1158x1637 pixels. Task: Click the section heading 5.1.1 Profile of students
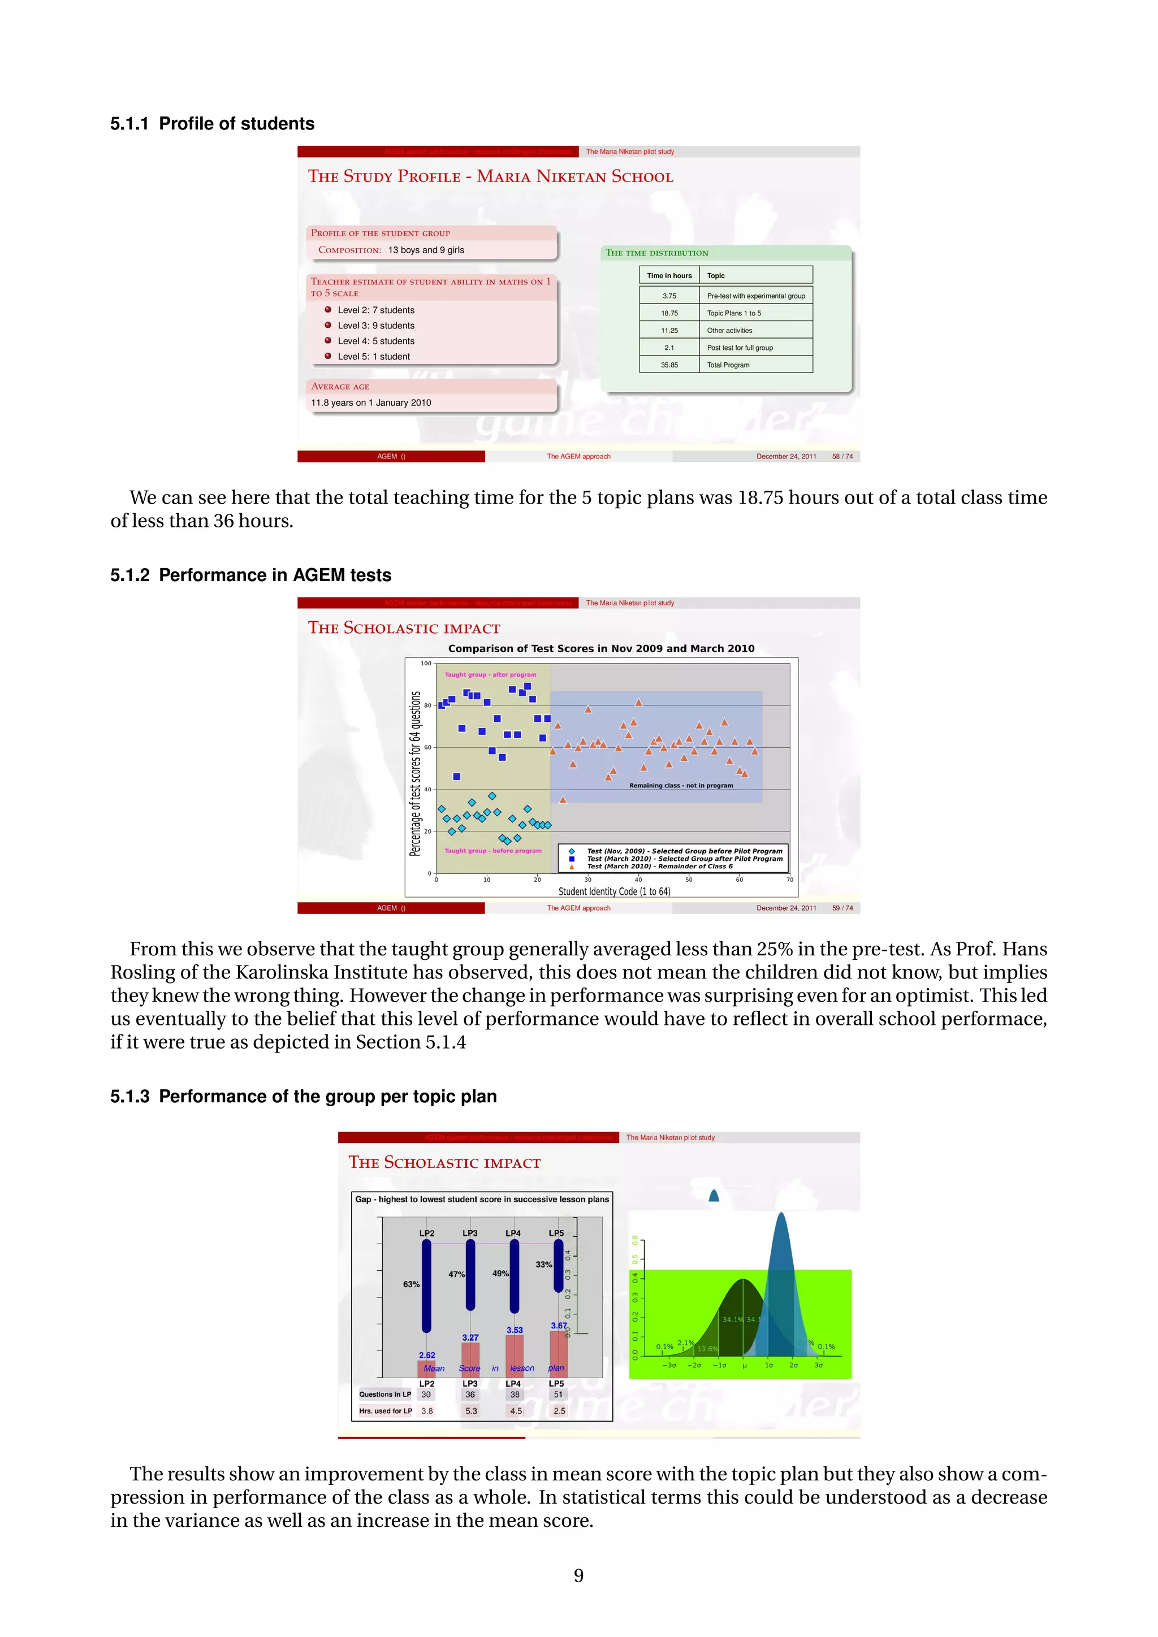212,123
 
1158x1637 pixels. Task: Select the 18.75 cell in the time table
669,313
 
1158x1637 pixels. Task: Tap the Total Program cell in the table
728,365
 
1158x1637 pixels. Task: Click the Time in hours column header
669,276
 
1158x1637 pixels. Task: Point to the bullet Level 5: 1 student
373,357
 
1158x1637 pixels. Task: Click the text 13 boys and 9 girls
426,250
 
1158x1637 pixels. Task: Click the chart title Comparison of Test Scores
600,648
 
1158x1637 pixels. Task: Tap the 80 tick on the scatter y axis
427,705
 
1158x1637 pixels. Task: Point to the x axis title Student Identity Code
613,891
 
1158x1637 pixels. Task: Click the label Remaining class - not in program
680,786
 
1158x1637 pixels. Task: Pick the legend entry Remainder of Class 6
660,867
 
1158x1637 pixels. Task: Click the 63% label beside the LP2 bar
412,1284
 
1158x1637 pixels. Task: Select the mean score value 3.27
470,1337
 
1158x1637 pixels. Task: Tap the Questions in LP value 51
558,1394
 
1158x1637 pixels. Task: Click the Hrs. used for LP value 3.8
426,1410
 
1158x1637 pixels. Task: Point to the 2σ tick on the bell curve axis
793,1365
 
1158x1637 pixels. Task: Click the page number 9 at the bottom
578,1575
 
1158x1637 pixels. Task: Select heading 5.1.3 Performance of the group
303,1096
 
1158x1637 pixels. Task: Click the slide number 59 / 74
841,908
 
